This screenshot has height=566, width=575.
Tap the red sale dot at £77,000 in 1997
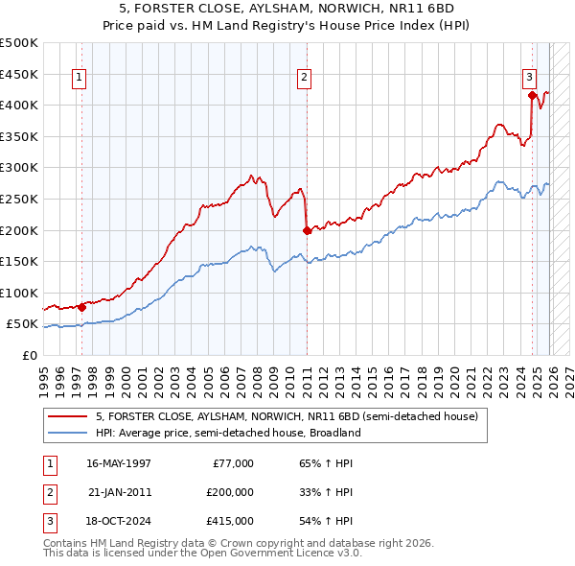[x=81, y=307]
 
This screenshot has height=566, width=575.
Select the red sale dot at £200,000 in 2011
[x=307, y=230]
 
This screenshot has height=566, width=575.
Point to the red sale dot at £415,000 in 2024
[x=532, y=95]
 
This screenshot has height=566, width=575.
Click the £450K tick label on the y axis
[x=19, y=74]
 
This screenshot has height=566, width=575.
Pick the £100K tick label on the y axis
[x=19, y=293]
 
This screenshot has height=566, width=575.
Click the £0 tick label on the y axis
[x=29, y=356]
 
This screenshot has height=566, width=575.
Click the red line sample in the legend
[x=67, y=417]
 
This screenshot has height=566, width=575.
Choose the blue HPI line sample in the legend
[x=67, y=433]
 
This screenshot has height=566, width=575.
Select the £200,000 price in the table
[x=229, y=492]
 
